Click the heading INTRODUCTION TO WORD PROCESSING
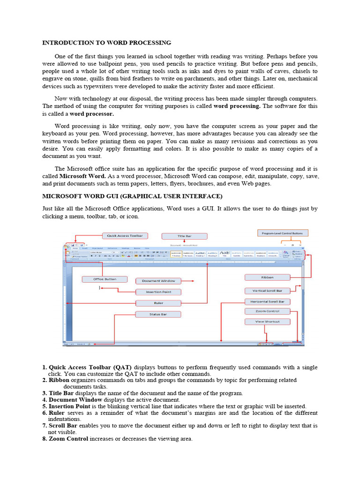point(107,43)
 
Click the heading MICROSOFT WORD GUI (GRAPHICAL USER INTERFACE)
point(133,196)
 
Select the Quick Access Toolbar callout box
point(125,235)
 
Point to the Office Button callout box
point(105,279)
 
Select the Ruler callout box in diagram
point(158,303)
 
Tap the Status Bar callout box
point(158,314)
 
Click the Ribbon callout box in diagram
point(267,277)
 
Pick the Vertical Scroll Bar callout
point(267,291)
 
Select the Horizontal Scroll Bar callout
point(267,301)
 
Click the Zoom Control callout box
point(267,311)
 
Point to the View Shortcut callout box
point(267,322)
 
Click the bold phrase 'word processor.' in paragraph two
point(92,114)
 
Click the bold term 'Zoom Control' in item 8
point(68,439)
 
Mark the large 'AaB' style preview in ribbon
point(225,253)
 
